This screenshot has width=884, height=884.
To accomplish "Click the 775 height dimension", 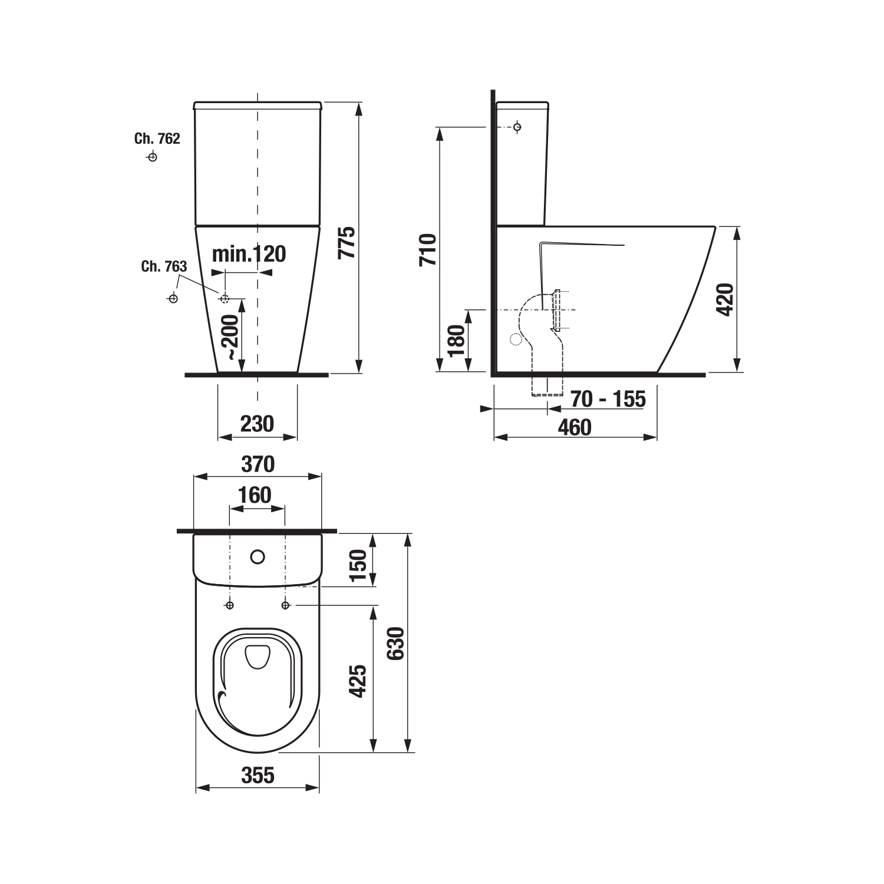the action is (348, 242).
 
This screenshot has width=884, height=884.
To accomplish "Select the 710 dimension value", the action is (428, 250).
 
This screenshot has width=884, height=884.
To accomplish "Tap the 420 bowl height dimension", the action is (726, 299).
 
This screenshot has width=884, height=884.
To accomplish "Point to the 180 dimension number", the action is (456, 341).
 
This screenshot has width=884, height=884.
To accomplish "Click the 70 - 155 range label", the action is (608, 399).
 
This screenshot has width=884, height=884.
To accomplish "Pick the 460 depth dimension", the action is (575, 427).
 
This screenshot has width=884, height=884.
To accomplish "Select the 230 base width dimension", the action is (258, 424).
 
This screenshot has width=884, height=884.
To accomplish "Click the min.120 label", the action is (249, 254).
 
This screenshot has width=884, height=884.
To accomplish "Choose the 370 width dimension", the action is (258, 464).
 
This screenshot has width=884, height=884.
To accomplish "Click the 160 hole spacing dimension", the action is (255, 495).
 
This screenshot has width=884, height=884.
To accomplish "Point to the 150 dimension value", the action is (358, 565).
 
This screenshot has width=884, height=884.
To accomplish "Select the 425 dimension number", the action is (358, 682).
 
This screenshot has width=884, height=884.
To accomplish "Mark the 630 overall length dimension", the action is (396, 643).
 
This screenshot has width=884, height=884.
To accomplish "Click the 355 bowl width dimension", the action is (258, 775).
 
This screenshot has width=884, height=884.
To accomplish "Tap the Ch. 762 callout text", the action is (157, 138).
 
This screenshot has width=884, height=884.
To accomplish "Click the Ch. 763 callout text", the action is (164, 266).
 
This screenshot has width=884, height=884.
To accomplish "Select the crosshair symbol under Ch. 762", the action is (152, 157).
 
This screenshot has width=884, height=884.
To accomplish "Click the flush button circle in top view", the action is (258, 556).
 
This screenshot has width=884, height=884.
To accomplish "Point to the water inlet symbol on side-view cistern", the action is (517, 127).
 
